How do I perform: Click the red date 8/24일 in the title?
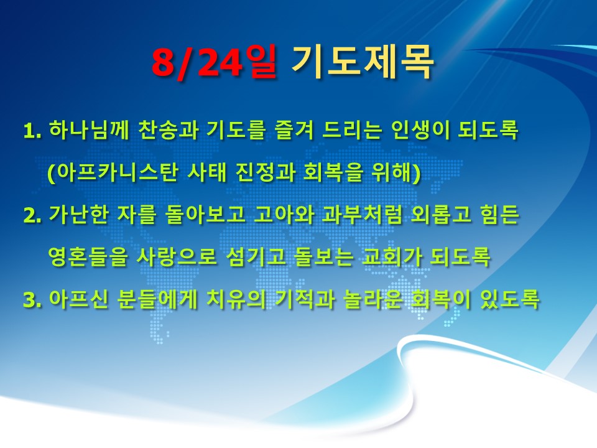(x=214, y=62)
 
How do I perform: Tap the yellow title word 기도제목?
(x=363, y=62)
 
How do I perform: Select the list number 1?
(x=32, y=131)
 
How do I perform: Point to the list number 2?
(x=32, y=216)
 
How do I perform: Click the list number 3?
(x=32, y=301)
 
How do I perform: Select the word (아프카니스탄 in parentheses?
(x=113, y=173)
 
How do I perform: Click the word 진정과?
(x=266, y=172)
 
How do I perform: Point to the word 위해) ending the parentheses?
(x=396, y=173)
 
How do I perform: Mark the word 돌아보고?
(x=205, y=215)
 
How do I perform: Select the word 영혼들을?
(x=88, y=257)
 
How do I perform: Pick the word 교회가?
(x=392, y=257)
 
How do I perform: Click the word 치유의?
(x=236, y=299)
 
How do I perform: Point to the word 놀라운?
(x=373, y=299)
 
